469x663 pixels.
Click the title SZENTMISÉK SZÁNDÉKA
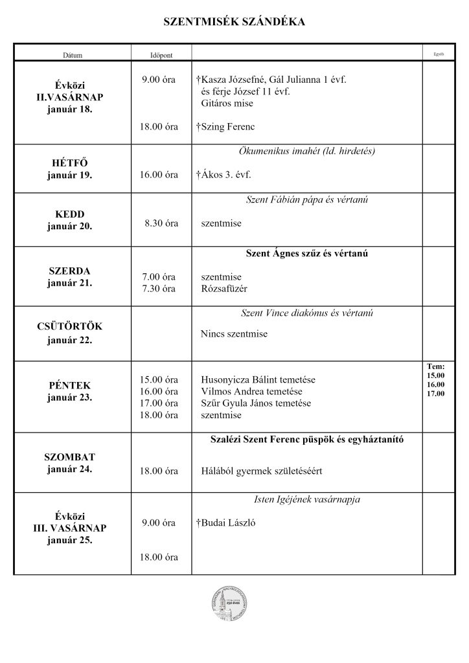point(234,23)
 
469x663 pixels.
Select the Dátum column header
point(73,55)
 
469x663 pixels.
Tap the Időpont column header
point(161,55)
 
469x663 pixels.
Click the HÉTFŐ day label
point(69,163)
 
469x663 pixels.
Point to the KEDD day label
point(69,214)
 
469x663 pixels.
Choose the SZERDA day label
point(69,271)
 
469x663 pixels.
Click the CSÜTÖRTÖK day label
point(69,327)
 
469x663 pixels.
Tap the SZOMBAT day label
point(69,457)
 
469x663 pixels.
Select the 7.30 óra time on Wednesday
point(159,289)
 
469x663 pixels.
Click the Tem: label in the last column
point(435,366)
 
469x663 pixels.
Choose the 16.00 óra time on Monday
point(159,175)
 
